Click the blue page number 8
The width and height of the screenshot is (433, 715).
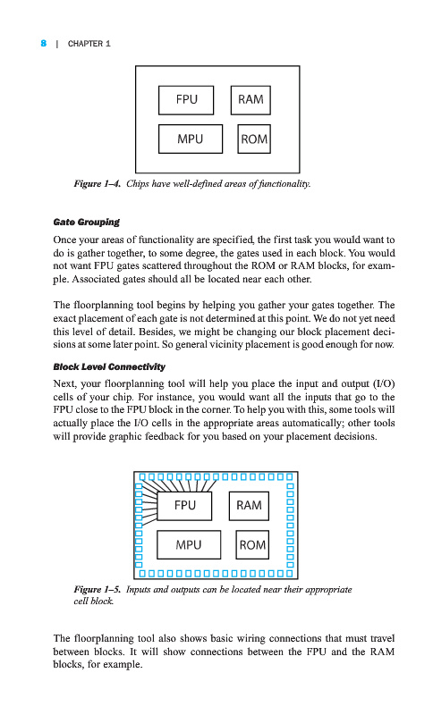pyautogui.click(x=43, y=43)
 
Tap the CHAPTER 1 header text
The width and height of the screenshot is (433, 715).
pyautogui.click(x=89, y=44)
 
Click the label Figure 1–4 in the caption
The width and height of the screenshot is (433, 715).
pyautogui.click(x=98, y=184)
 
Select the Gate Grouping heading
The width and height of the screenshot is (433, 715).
pyautogui.click(x=86, y=222)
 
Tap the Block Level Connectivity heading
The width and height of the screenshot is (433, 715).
pyautogui.click(x=109, y=366)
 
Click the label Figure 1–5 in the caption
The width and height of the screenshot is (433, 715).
pyautogui.click(x=98, y=590)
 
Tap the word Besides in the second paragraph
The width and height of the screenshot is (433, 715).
pyautogui.click(x=157, y=332)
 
